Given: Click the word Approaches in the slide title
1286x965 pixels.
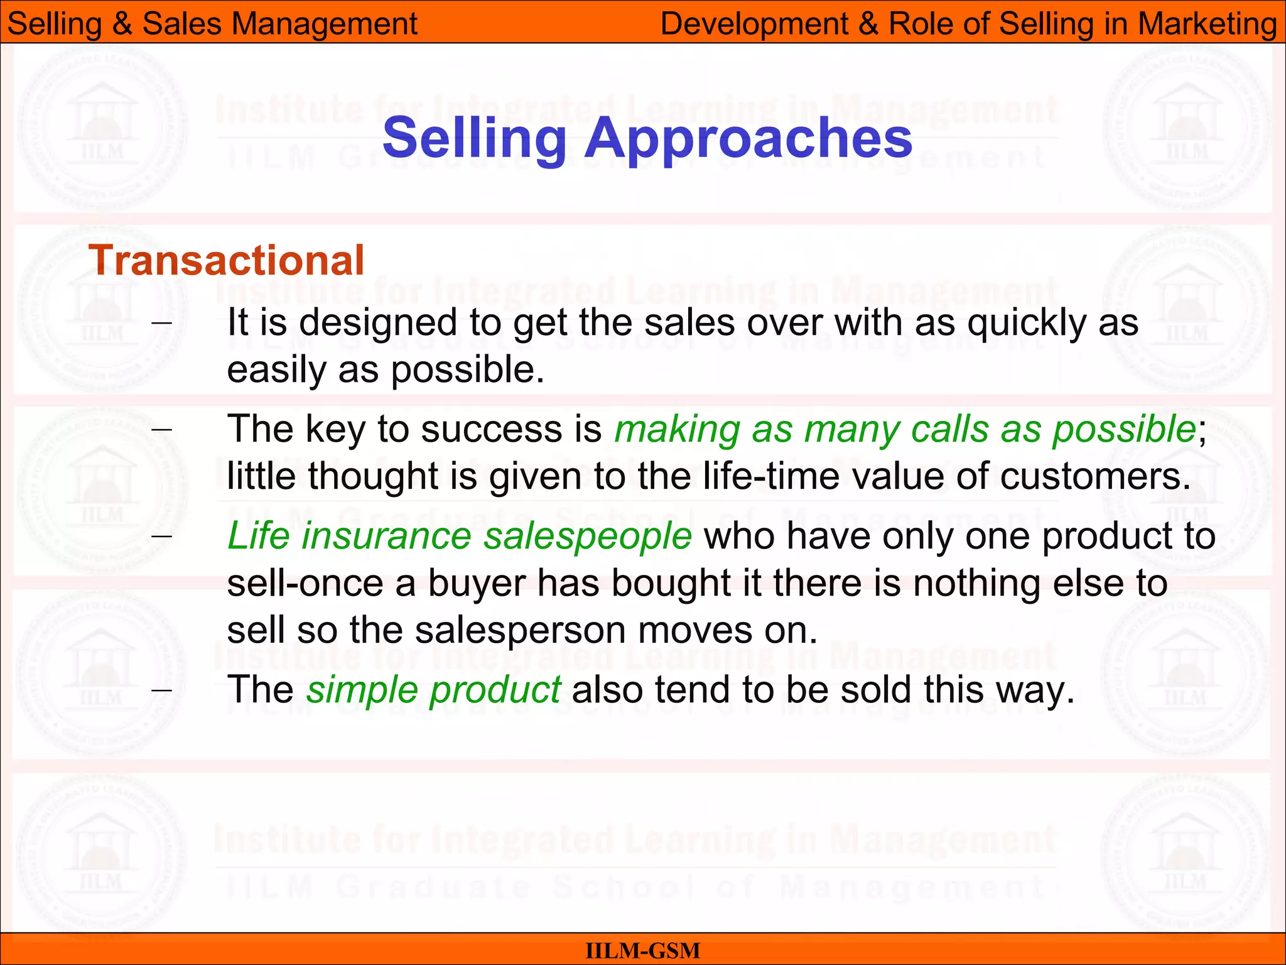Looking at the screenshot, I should (x=748, y=139).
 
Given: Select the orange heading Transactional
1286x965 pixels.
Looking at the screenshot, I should (x=226, y=260).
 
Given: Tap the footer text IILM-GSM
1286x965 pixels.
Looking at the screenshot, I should (x=642, y=951).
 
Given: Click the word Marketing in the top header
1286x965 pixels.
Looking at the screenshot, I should (x=1207, y=24).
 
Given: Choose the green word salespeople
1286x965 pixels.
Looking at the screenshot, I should (x=588, y=537).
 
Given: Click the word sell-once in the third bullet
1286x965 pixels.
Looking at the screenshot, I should (x=305, y=584).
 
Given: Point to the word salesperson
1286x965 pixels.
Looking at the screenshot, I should (x=520, y=630).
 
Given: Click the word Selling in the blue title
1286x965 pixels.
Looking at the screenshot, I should (x=475, y=139).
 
